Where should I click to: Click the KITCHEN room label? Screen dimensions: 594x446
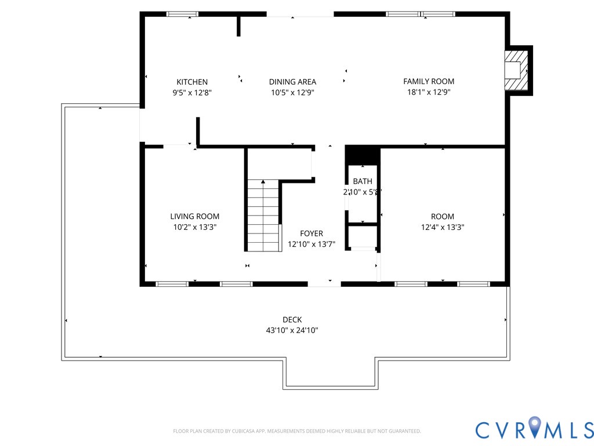pyautogui.click(x=192, y=82)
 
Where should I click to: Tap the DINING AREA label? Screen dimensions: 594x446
pyautogui.click(x=292, y=82)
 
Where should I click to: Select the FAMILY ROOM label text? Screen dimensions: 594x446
pyautogui.click(x=429, y=81)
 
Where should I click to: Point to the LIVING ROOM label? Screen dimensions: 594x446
pyautogui.click(x=195, y=217)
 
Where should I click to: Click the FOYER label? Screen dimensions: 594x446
pyautogui.click(x=312, y=233)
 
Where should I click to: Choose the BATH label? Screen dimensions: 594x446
pyautogui.click(x=363, y=181)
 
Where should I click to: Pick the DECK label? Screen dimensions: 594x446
pyautogui.click(x=292, y=320)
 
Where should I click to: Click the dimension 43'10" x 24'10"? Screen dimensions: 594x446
pyautogui.click(x=292, y=330)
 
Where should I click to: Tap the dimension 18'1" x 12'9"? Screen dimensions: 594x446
pyautogui.click(x=429, y=92)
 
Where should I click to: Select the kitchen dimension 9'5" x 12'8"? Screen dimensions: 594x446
pyautogui.click(x=192, y=92)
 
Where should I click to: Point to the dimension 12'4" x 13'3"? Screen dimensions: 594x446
pyautogui.click(x=443, y=227)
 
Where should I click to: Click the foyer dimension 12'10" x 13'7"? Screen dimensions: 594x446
pyautogui.click(x=312, y=244)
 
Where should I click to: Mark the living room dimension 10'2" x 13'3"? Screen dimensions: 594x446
pyautogui.click(x=195, y=227)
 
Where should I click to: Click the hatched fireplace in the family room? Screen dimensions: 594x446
pyautogui.click(x=516, y=70)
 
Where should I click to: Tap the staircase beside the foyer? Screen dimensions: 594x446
pyautogui.click(x=263, y=215)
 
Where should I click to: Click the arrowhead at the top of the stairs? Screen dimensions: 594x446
pyautogui.click(x=263, y=182)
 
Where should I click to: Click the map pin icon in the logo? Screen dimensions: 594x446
pyautogui.click(x=534, y=426)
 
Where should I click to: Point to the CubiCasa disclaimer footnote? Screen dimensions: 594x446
pyautogui.click(x=297, y=431)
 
